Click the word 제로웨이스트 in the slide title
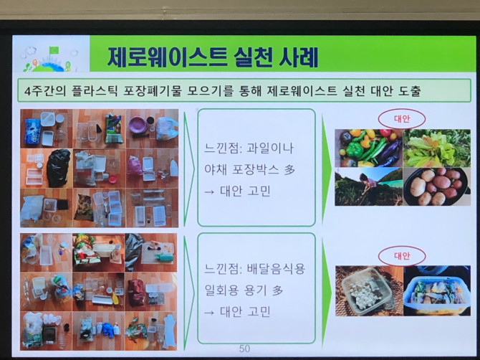167,57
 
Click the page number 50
244,349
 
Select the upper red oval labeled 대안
402,118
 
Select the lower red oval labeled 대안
402,255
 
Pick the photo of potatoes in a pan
437,186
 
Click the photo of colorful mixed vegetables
368,148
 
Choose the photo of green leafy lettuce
437,148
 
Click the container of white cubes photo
368,290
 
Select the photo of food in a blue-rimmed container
437,290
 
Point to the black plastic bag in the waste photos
58,168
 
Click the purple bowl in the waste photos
138,125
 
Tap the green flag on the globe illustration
54,49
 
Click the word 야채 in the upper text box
215,169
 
